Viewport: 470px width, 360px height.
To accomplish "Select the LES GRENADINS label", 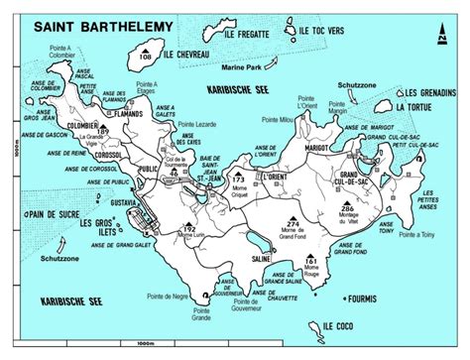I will click(x=430, y=92).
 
